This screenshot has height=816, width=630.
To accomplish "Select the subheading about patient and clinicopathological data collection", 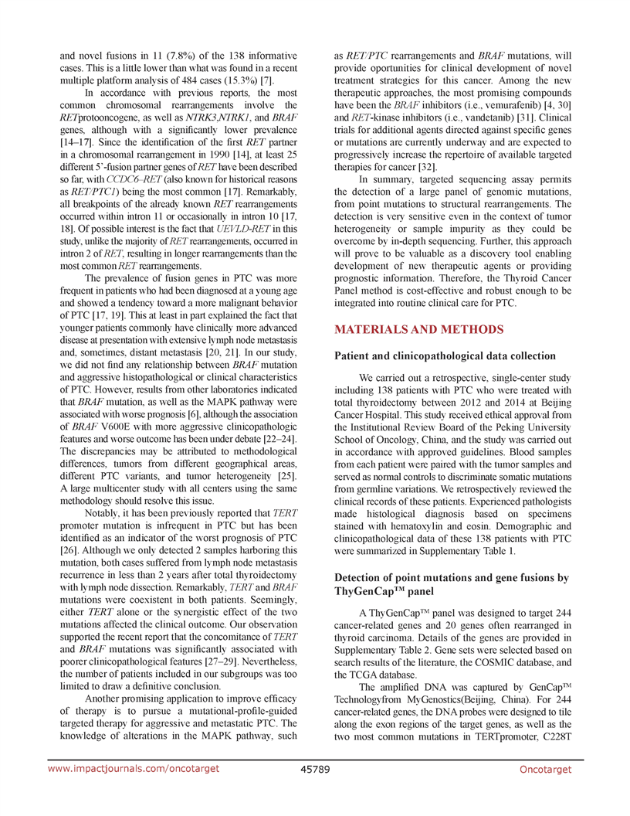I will click(444, 356).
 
